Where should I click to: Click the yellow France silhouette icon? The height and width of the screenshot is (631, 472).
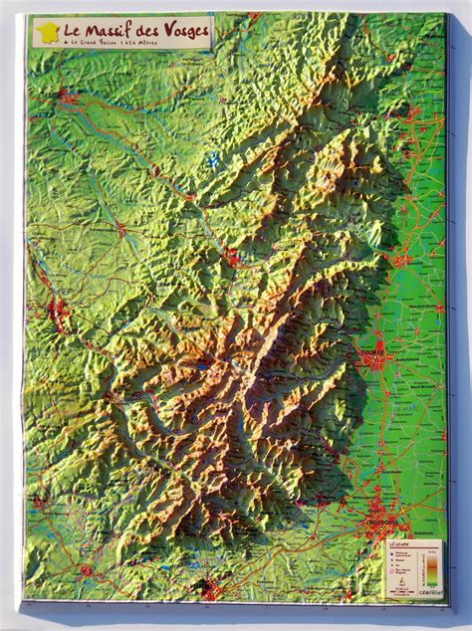point(47,33)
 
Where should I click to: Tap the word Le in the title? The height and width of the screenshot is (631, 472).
point(73,31)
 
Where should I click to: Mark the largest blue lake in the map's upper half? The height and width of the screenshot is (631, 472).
point(213,158)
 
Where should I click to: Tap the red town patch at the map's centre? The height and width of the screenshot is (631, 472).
point(233,260)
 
